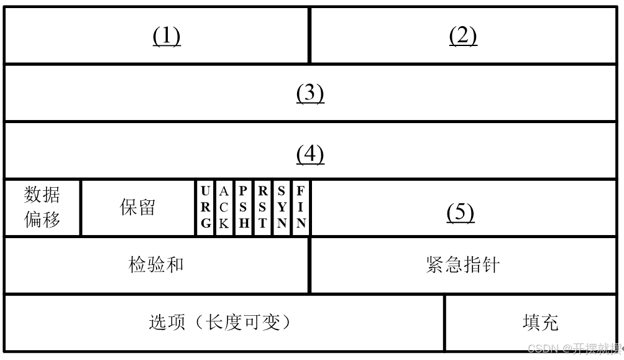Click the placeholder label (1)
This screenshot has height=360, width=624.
[x=167, y=37]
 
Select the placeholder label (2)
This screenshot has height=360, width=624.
[x=462, y=37]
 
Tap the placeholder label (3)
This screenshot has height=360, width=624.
[x=310, y=93]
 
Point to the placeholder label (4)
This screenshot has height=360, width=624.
[x=310, y=154]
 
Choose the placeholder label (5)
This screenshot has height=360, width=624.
[x=461, y=213]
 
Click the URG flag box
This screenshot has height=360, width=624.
[x=206, y=208]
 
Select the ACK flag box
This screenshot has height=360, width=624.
[x=224, y=208]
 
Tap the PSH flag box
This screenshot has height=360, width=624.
[x=243, y=208]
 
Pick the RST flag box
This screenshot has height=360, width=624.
[x=262, y=208]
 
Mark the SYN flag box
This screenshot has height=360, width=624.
[x=282, y=208]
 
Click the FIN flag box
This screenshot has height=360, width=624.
[x=301, y=208]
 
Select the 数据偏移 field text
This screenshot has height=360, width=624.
[x=42, y=208]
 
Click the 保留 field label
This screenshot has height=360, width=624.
[x=137, y=208]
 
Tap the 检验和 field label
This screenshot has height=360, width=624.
[x=156, y=265]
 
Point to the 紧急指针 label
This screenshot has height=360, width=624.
[x=463, y=265]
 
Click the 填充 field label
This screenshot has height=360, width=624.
[x=540, y=322]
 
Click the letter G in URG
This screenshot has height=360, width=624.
[x=206, y=224]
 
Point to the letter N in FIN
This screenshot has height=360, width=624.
[x=301, y=224]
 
